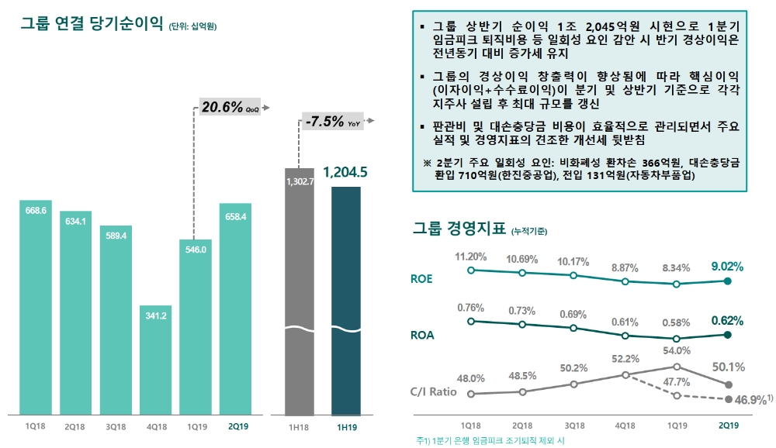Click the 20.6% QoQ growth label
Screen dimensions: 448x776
tap(230, 108)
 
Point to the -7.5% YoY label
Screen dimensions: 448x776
tap(333, 122)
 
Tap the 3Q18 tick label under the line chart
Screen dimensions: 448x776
tap(573, 425)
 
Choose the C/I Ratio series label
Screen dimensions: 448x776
tap(432, 391)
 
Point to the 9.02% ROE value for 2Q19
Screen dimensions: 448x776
tap(726, 267)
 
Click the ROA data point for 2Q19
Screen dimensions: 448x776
tap(727, 335)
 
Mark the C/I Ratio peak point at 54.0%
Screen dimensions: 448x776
tap(677, 367)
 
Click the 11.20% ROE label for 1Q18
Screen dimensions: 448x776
tap(470, 257)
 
